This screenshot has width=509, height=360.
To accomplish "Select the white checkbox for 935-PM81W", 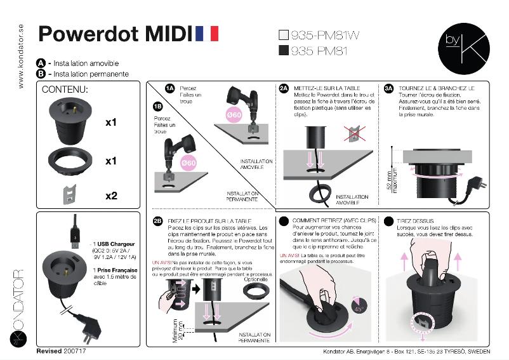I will point(284,36).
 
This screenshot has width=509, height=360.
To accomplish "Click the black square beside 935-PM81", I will point(284,51).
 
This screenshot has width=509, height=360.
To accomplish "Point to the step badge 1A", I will point(169,88).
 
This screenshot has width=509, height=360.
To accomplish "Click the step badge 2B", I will point(158,220).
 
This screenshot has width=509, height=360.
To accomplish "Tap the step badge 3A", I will point(389,88).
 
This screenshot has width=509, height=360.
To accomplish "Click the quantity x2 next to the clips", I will point(111,196).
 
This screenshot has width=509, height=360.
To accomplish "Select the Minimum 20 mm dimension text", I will point(180,330).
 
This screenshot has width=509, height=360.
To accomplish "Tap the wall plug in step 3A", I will point(473,184).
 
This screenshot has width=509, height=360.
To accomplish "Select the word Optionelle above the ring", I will point(256,279).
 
